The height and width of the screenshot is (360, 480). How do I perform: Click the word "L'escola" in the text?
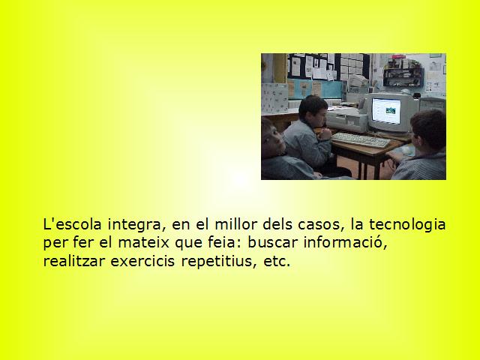[x=72, y=224]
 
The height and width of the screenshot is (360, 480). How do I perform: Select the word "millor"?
[x=235, y=224]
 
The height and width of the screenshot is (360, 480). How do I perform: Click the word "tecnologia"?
[x=407, y=225]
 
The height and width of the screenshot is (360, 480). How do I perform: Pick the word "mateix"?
[x=143, y=242]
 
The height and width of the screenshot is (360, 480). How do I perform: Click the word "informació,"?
[x=346, y=242]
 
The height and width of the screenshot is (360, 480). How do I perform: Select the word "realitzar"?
[x=74, y=261]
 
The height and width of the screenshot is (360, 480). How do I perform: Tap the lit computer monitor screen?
[x=386, y=111]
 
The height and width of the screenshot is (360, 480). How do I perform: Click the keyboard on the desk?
[x=361, y=140]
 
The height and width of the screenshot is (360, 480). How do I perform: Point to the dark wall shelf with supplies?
[x=403, y=77]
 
